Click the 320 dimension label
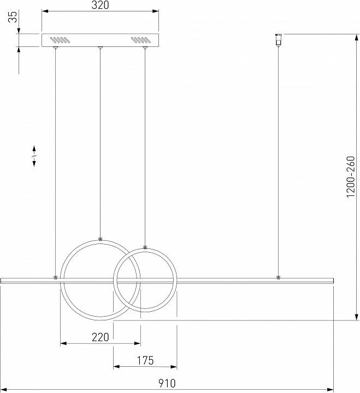(100, 5)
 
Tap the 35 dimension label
(13, 16)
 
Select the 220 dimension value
(100, 337)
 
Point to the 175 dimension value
(145, 360)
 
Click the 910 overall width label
(167, 383)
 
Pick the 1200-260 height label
(351, 177)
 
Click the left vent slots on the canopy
(59, 40)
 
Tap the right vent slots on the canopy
(141, 40)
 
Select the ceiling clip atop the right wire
(278, 40)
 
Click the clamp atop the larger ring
(100, 239)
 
